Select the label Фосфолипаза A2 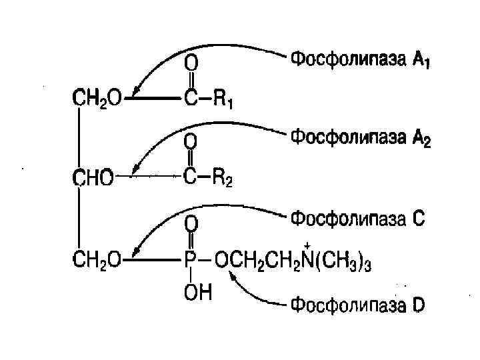click(361, 139)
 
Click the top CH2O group click(97, 99)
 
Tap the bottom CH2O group click(97, 261)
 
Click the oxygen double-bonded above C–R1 click(191, 63)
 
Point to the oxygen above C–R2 click(191, 141)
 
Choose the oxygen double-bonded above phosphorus click(191, 222)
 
